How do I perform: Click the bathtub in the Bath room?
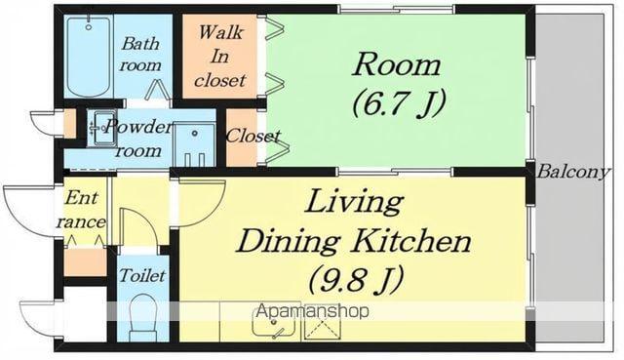(x=89, y=56)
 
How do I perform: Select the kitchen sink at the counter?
(x=274, y=323)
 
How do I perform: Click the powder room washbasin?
(x=101, y=128)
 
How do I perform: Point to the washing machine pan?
(x=195, y=144)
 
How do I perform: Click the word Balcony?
(x=573, y=172)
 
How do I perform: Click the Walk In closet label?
(x=219, y=57)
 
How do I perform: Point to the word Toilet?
(x=142, y=275)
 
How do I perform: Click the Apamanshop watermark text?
(x=313, y=311)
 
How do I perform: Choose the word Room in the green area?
(x=397, y=65)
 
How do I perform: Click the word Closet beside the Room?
(x=253, y=137)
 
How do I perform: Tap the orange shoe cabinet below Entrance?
(x=85, y=262)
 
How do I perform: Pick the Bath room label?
(x=140, y=55)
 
